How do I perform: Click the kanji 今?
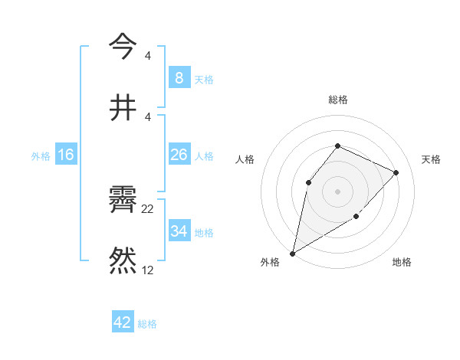(123, 47)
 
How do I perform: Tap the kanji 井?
(123, 106)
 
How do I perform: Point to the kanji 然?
(123, 260)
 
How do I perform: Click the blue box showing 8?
(179, 78)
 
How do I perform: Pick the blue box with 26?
(179, 155)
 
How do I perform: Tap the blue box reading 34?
(179, 231)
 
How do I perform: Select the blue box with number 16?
(66, 155)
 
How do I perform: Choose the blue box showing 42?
(123, 322)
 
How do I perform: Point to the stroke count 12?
(148, 270)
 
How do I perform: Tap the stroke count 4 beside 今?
(148, 56)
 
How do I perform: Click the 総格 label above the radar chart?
(337, 100)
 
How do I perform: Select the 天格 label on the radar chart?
(431, 159)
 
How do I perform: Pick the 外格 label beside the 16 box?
(41, 155)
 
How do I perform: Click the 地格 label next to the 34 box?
(204, 232)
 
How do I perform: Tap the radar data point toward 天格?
(396, 172)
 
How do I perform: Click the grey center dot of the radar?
(337, 191)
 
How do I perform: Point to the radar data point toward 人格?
(308, 182)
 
